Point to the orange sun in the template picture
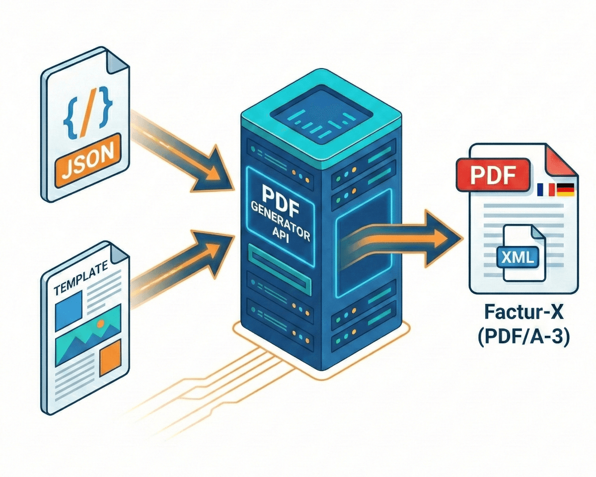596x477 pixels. coord(100,323)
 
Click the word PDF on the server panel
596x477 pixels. coord(282,197)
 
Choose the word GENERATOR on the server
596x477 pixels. coord(282,215)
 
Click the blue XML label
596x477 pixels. coord(517,256)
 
